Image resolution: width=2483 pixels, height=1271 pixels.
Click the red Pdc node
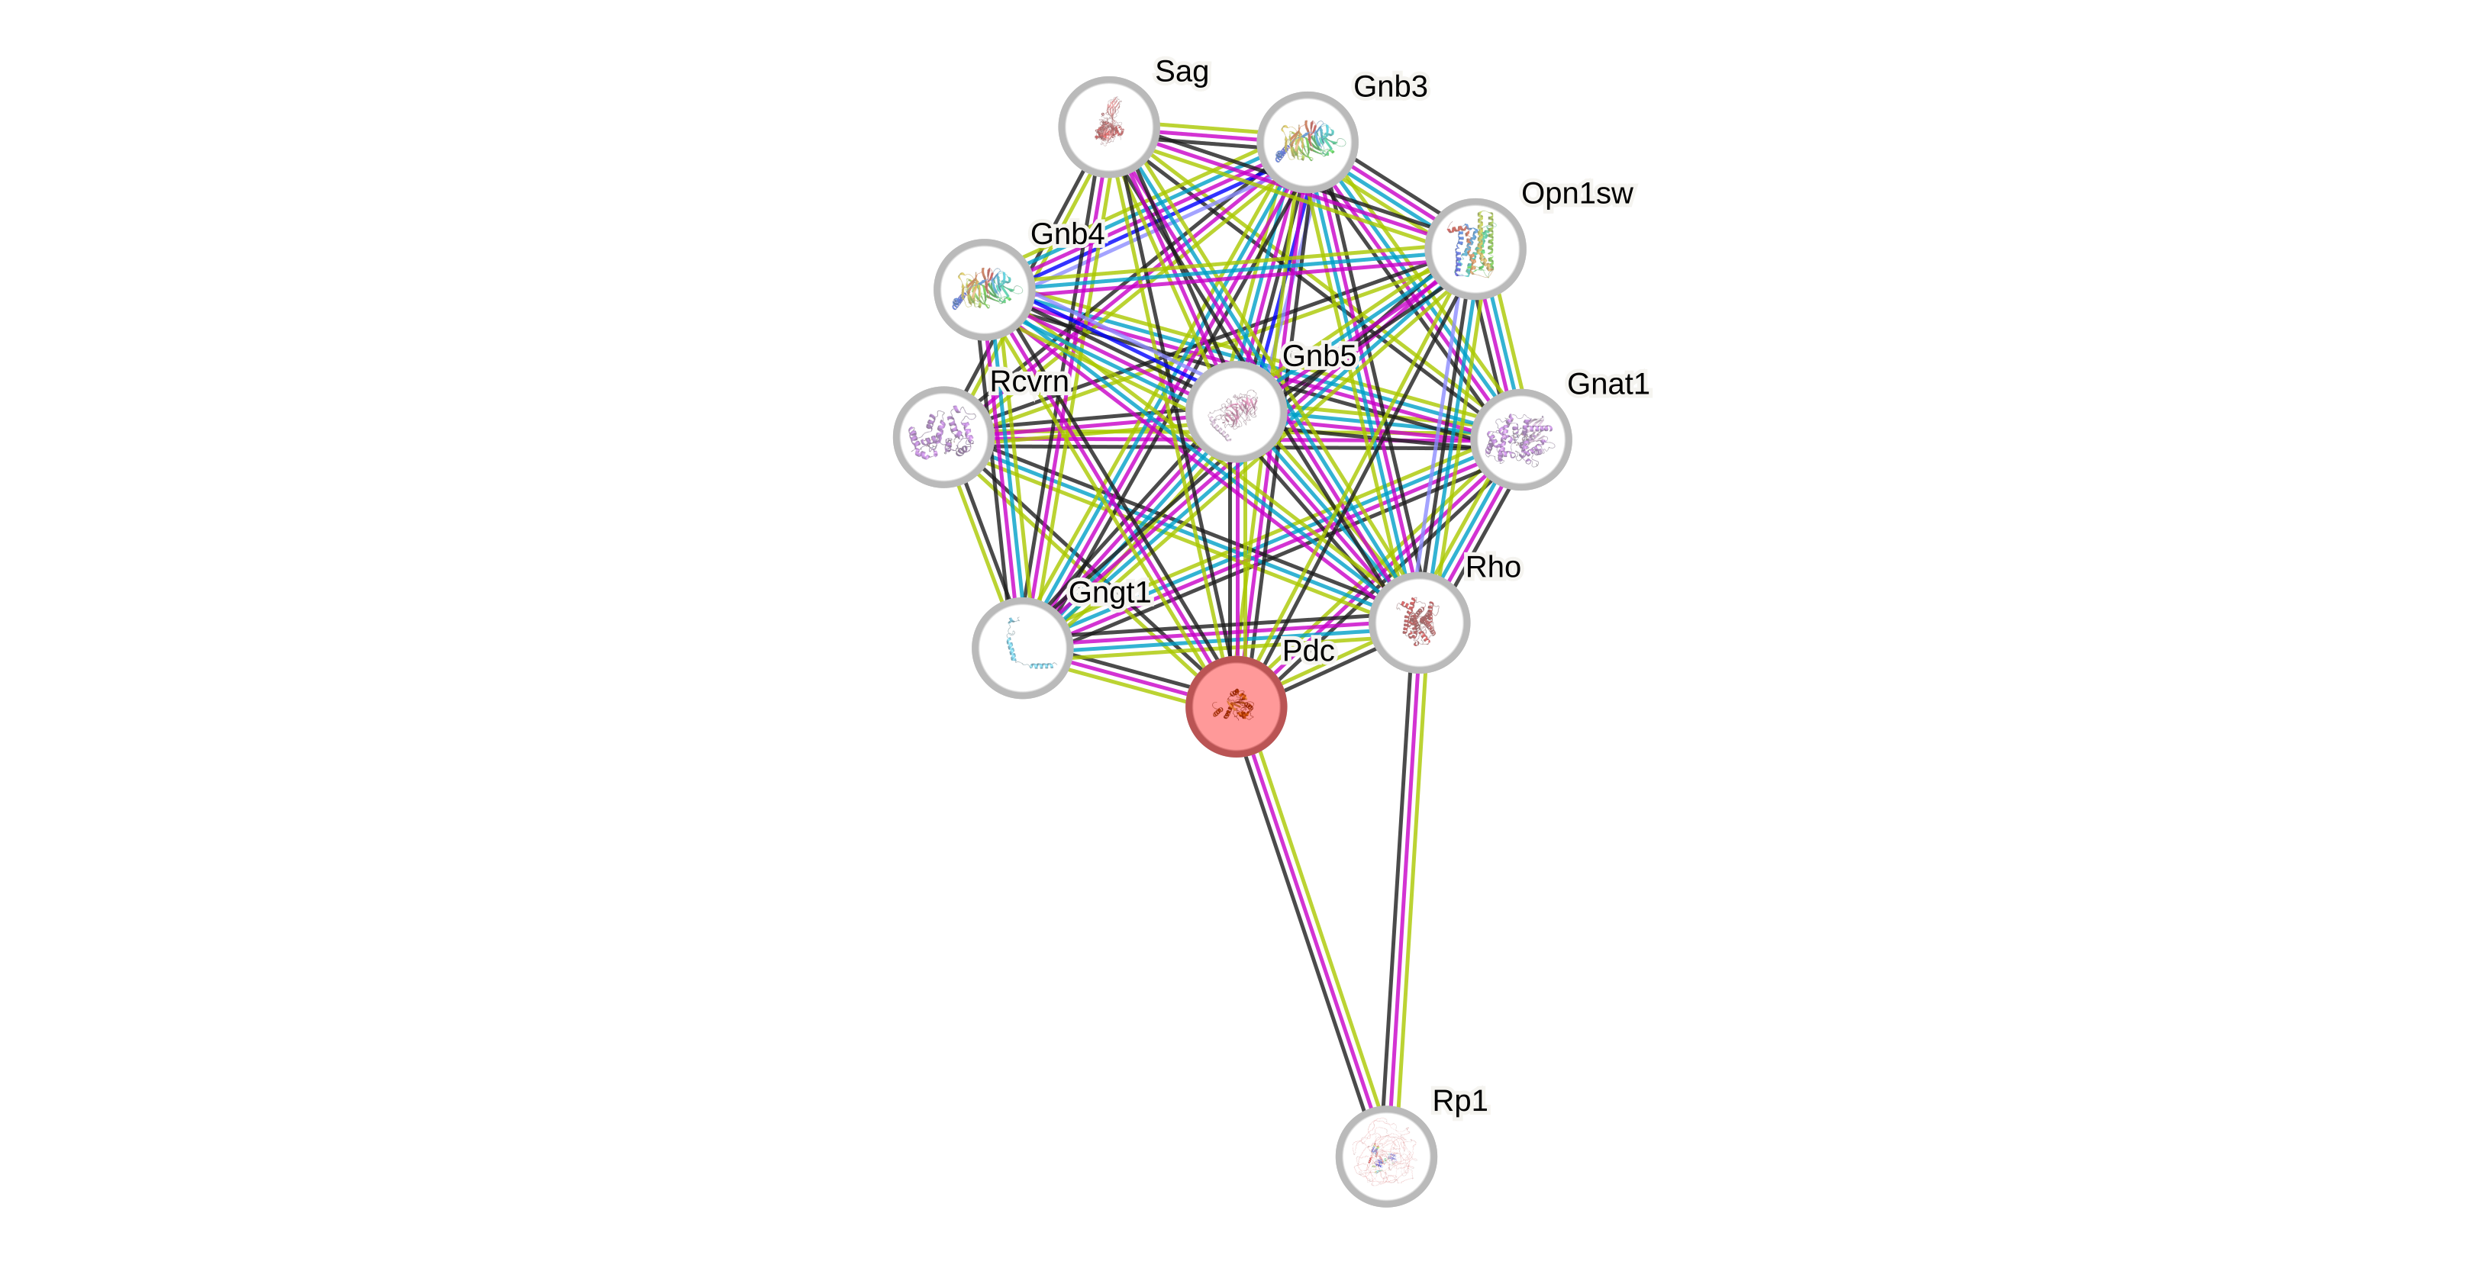(1236, 706)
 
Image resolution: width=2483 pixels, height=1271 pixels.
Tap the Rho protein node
(1419, 622)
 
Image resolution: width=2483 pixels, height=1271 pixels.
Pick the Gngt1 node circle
(1023, 648)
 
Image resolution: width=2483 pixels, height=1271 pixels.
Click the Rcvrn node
(943, 436)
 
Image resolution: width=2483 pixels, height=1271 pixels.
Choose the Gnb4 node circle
(984, 288)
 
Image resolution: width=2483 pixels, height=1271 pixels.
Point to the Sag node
(1108, 126)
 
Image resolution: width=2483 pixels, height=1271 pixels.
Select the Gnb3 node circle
(1307, 142)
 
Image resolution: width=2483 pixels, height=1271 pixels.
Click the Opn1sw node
(1475, 248)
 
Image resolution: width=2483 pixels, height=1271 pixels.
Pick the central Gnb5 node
(1236, 411)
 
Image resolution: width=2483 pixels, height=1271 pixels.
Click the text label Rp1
(1459, 1100)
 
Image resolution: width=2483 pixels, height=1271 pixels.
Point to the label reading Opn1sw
(1577, 194)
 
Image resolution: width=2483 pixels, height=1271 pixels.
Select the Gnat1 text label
(1608, 384)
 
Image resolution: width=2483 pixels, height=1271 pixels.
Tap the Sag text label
(1182, 71)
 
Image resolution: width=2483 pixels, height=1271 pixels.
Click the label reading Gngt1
(1109, 592)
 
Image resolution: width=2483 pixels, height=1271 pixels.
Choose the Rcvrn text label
(1028, 381)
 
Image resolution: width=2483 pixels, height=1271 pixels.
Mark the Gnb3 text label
(1390, 87)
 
